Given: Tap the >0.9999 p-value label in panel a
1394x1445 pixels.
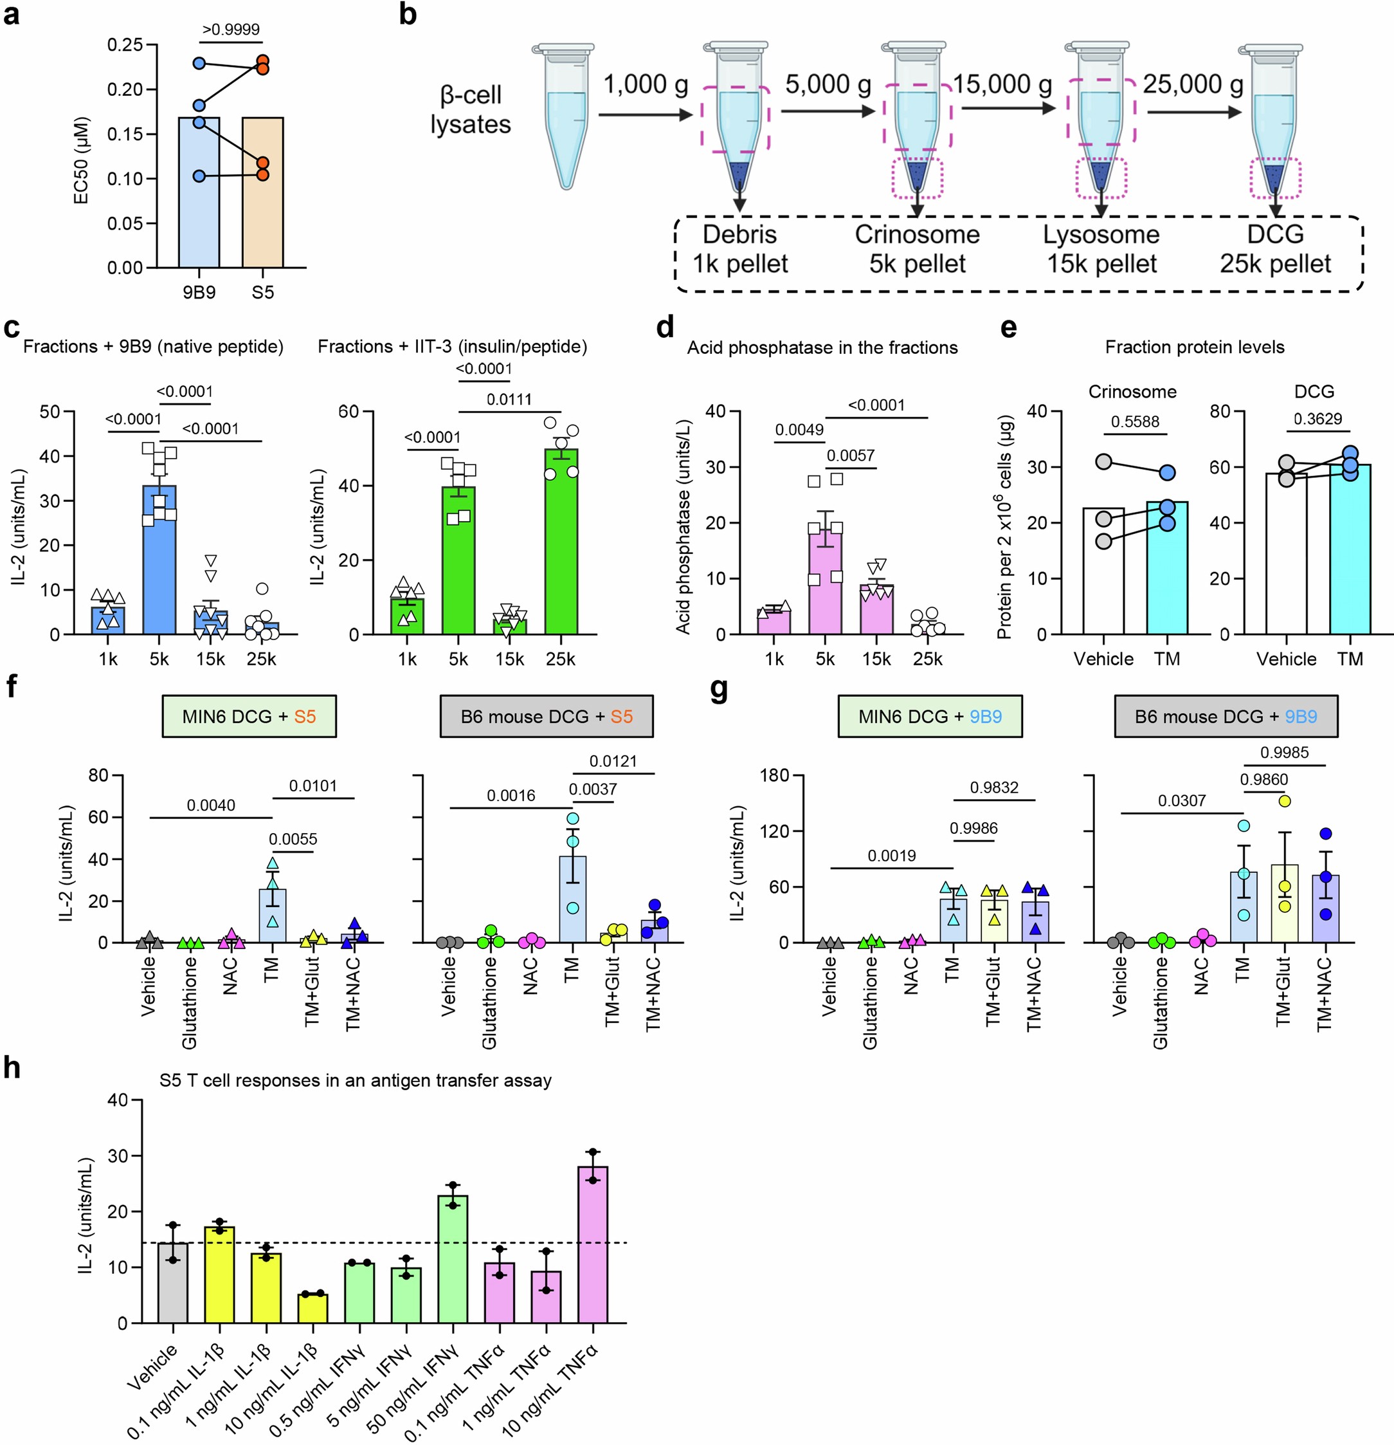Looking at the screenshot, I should [231, 30].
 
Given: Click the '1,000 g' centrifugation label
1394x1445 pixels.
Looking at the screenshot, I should [646, 85].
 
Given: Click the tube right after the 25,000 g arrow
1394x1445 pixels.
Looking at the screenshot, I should [1276, 118].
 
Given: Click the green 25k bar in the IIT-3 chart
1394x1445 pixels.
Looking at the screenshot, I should [561, 546].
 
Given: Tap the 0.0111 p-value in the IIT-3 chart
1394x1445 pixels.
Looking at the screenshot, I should [509, 400].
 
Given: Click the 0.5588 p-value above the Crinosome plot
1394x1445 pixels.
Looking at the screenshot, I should [1135, 421].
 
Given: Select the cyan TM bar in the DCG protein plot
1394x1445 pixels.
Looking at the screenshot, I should [1350, 553].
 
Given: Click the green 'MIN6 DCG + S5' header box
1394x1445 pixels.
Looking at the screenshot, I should [249, 716].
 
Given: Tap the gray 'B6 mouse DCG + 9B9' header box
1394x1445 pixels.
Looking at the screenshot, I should [1226, 716].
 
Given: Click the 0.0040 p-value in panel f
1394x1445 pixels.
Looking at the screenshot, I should [211, 805].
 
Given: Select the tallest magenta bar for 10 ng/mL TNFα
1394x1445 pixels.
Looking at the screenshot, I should [593, 1246].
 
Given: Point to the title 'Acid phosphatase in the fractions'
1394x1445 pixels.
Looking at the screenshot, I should [822, 347].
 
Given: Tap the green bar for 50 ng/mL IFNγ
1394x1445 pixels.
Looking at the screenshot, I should [453, 1261].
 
